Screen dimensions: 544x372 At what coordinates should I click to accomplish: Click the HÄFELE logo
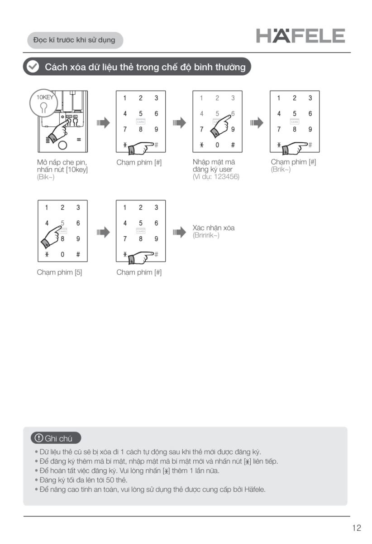point(300,36)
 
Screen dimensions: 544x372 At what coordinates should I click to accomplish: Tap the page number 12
point(357,528)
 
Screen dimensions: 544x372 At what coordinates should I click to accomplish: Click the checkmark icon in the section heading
point(33,67)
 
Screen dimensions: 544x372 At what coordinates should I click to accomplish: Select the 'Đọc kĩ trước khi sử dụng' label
point(74,40)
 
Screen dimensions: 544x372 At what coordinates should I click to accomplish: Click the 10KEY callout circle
point(44,104)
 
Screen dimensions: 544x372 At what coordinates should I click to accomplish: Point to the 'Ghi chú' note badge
point(56,438)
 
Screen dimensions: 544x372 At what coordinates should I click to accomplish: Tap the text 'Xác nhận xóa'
point(214,228)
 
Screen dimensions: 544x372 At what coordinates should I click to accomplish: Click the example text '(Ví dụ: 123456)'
point(216,177)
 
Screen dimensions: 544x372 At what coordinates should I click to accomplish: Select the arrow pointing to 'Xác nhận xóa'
point(179,233)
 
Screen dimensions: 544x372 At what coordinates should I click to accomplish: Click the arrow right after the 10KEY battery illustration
point(103,122)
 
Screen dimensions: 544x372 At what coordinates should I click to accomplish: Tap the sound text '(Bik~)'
point(46,177)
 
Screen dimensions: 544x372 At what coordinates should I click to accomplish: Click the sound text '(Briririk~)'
point(206,235)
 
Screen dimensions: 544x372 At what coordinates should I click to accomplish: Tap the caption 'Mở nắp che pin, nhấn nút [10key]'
point(62,166)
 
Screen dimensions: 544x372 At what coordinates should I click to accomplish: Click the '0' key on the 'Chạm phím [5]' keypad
point(62,254)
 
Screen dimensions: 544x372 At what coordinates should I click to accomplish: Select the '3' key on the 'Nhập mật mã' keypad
point(233,98)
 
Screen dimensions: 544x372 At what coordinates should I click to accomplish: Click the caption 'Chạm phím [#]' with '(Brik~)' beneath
point(293,162)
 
